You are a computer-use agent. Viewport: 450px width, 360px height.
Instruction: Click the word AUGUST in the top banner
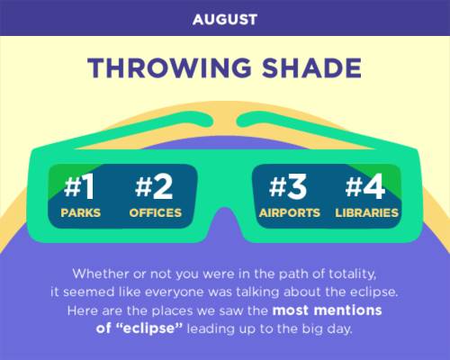coord(225,20)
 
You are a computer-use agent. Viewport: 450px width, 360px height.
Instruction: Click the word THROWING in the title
coord(169,67)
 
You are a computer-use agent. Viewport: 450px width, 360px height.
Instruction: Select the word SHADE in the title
coord(311,67)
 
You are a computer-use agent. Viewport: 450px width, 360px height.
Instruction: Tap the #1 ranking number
coord(79,186)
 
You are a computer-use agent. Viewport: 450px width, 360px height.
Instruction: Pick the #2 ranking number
coord(154,186)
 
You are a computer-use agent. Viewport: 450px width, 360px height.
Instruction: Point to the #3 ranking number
coord(288,186)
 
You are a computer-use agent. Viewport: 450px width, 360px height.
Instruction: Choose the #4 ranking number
coord(365,186)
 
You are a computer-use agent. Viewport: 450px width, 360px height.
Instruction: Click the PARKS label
coord(80,212)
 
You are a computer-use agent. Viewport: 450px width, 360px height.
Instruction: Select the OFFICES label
coord(156,212)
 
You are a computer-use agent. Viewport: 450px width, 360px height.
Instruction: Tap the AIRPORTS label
coord(290,212)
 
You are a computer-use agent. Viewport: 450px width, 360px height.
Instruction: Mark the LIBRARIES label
coord(366,212)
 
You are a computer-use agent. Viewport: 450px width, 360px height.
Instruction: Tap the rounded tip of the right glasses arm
coord(241,121)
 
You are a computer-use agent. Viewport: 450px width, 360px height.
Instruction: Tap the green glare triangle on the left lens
coord(66,180)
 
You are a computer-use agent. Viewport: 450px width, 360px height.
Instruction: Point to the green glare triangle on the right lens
coord(385,177)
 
